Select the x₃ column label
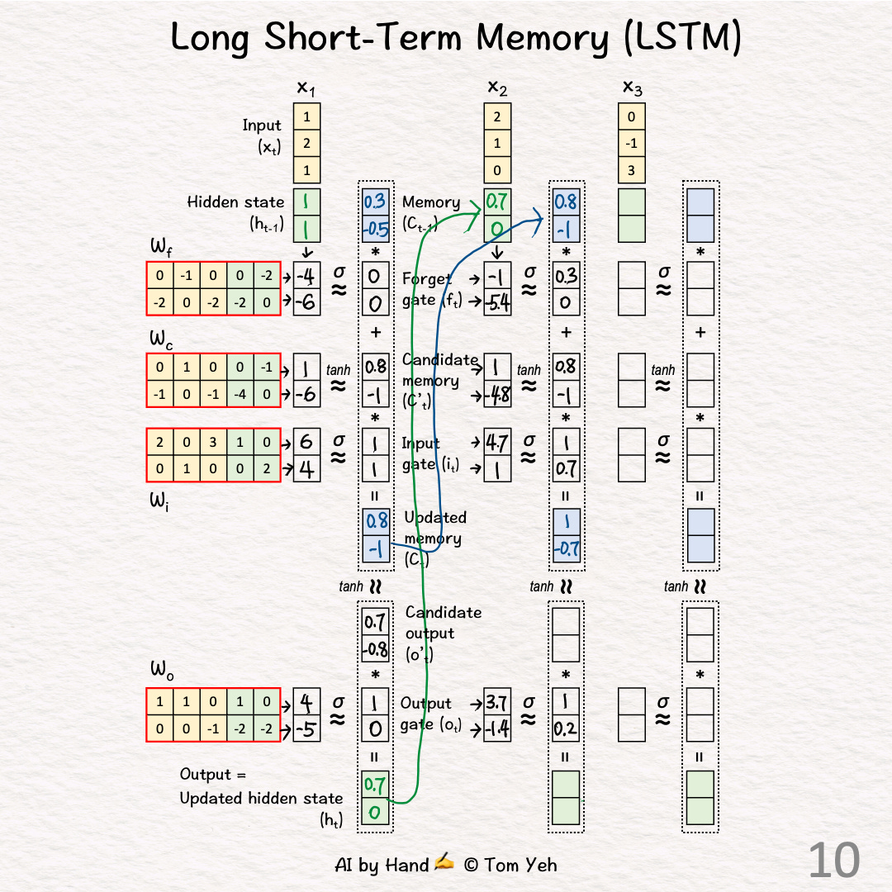[x=631, y=87]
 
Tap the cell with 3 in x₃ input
[x=631, y=171]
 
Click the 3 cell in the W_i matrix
[x=214, y=442]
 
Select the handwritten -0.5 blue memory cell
[x=376, y=228]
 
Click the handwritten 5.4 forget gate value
[x=497, y=303]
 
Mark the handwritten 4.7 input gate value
[x=497, y=443]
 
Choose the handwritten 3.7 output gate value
[x=497, y=704]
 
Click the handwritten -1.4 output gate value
[x=497, y=728]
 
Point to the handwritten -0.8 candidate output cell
[x=376, y=649]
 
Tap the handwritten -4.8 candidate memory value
[x=497, y=394]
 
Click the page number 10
[x=833, y=860]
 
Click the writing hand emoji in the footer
[x=444, y=863]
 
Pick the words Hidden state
[x=235, y=202]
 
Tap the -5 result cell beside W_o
[x=307, y=729]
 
